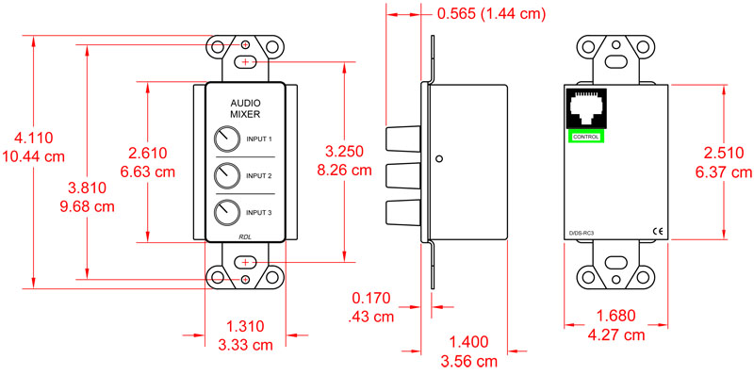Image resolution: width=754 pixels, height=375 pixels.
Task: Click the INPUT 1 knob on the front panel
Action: coord(227,140)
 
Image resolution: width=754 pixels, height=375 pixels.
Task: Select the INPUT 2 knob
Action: coord(227,176)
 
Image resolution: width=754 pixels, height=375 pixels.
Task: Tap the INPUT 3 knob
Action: coord(227,212)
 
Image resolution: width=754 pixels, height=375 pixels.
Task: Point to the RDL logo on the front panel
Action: coord(245,237)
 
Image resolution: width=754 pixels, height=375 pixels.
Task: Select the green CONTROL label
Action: coord(585,138)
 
